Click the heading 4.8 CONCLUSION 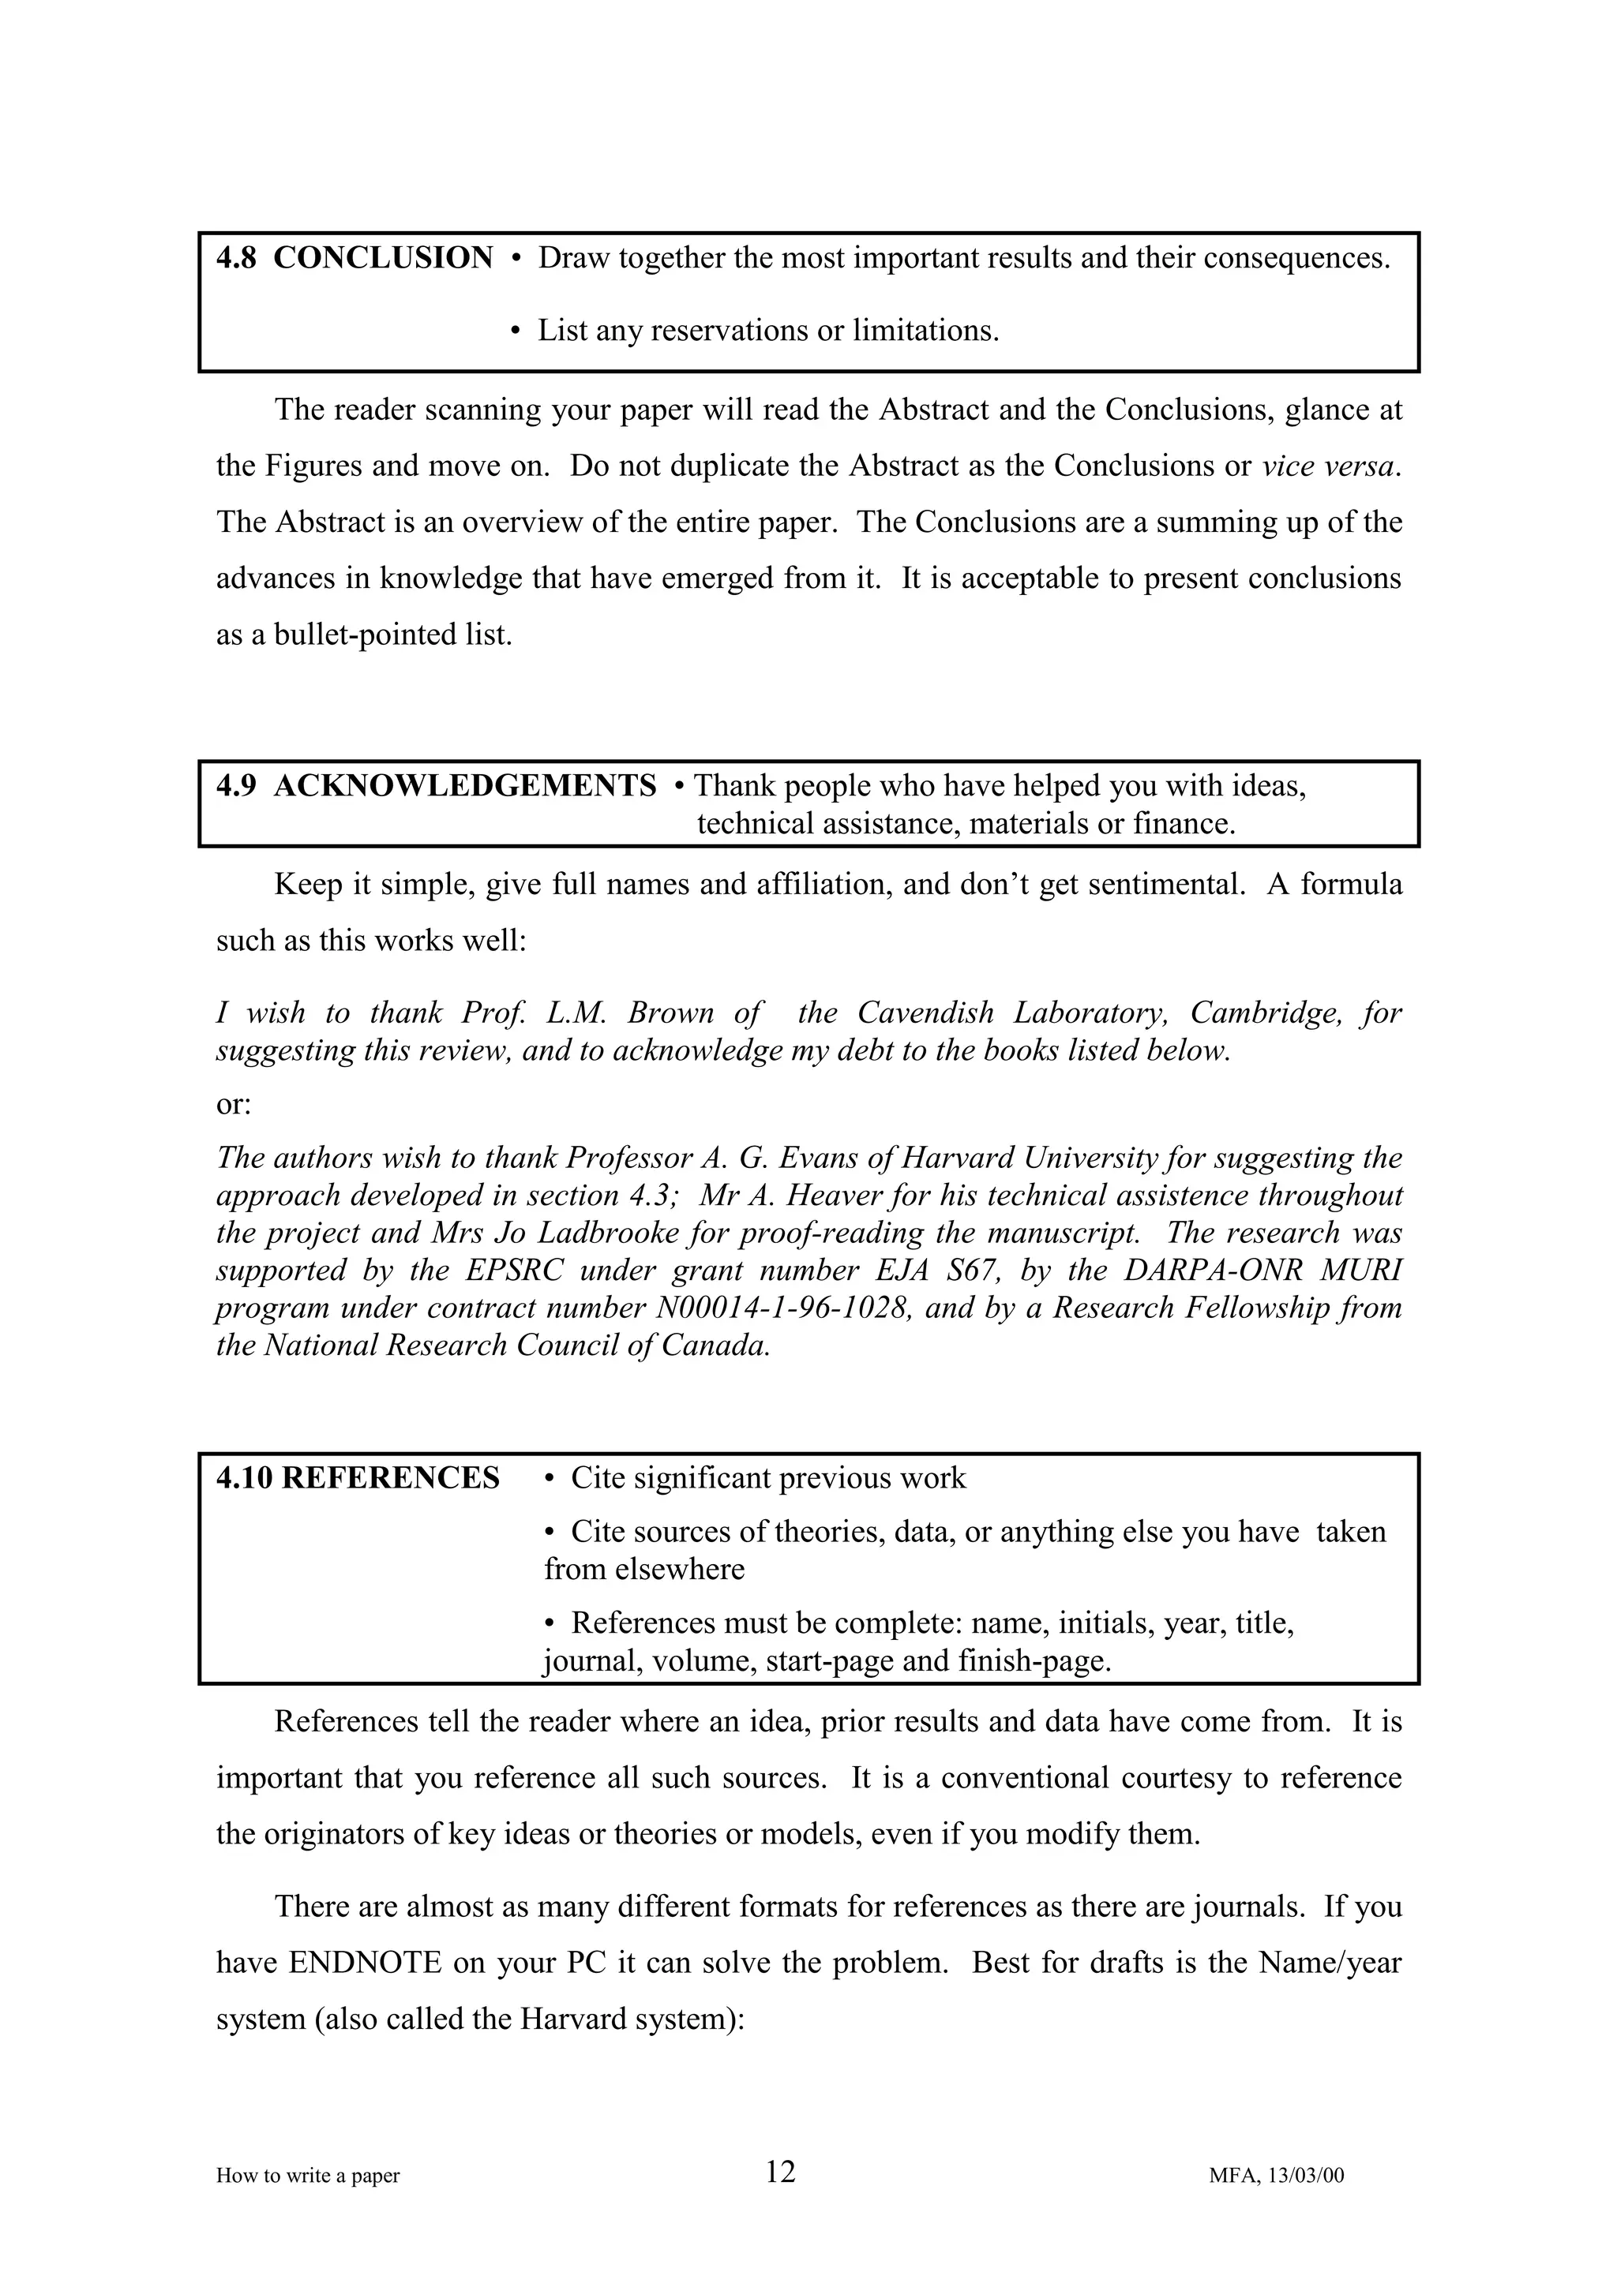coord(354,259)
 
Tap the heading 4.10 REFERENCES coord(358,1478)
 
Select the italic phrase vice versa coord(1329,466)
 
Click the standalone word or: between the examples coord(234,1105)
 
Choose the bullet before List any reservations coord(515,331)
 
